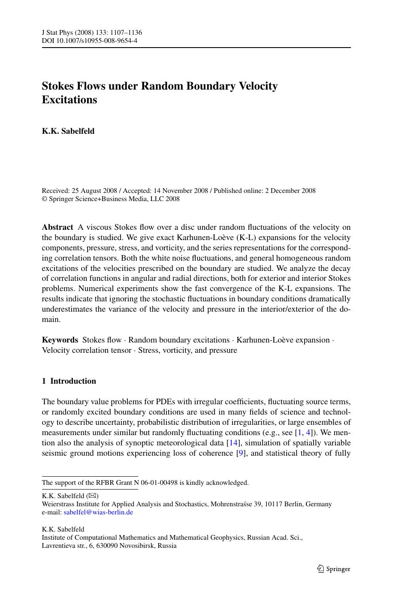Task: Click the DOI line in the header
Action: tap(89, 41)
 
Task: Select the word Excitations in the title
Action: tap(70, 100)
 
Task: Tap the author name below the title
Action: tap(68, 131)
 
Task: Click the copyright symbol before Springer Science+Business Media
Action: tap(44, 199)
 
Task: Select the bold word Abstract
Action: tap(57, 227)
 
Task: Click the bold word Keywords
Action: tap(60, 340)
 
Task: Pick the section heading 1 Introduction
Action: tap(69, 381)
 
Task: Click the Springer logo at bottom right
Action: tap(333, 569)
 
